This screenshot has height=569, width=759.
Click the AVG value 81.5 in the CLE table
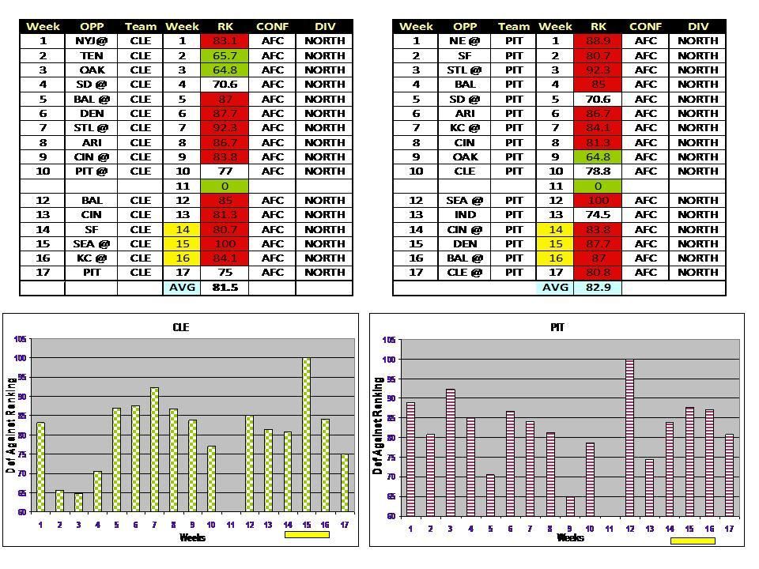(225, 288)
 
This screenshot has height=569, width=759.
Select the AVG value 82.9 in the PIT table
(598, 288)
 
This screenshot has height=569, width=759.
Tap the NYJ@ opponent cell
(92, 40)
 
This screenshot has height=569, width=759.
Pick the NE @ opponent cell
(466, 40)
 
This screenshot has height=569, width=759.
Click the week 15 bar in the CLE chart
(305, 435)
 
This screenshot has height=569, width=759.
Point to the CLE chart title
(181, 327)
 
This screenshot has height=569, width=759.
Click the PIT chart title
(557, 327)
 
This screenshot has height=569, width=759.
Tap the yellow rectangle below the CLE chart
(306, 535)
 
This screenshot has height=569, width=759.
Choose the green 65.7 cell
(225, 55)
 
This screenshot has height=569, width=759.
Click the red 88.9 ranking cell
(598, 40)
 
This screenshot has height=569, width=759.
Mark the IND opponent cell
(466, 215)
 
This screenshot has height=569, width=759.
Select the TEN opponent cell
(92, 55)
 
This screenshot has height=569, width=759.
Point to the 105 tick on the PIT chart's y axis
(389, 341)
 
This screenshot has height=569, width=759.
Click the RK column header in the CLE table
(225, 26)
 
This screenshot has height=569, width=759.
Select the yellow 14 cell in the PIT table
(555, 229)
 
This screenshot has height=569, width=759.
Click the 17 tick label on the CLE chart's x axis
(345, 525)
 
